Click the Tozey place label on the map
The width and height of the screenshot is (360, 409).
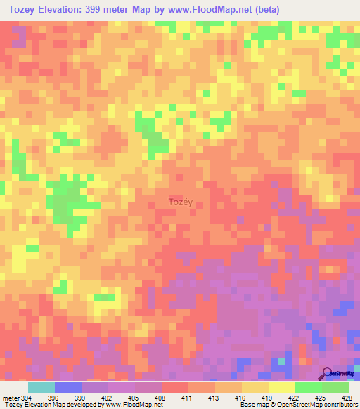point(181,202)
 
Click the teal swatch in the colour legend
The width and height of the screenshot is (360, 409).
point(41,387)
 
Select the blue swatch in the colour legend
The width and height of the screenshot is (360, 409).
point(68,387)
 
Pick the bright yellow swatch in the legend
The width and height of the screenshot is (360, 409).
point(281,387)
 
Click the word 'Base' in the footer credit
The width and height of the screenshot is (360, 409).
point(246,404)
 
